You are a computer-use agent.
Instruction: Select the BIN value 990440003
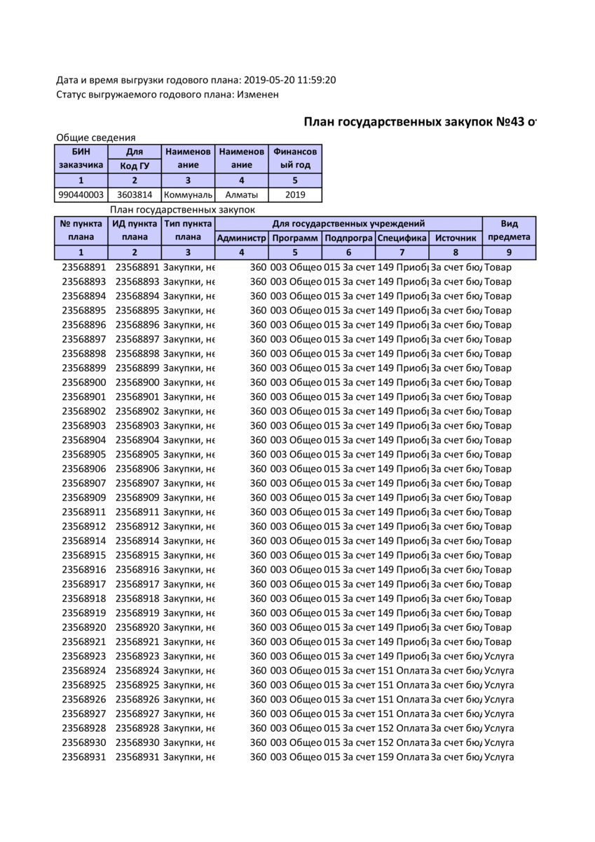point(81,195)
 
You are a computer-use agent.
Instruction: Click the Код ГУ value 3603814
point(134,195)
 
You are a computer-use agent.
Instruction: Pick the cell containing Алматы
point(242,195)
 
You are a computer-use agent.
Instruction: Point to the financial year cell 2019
point(295,195)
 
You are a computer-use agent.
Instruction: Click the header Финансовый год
point(295,159)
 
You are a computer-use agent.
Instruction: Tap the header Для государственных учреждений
point(348,224)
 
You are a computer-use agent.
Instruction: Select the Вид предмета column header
point(509,230)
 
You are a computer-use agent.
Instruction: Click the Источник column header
point(455,238)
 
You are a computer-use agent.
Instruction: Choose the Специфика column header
point(402,238)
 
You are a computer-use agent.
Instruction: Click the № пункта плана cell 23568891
point(83,267)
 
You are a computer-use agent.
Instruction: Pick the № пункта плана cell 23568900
point(83,382)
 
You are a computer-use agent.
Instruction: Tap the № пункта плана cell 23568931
point(83,757)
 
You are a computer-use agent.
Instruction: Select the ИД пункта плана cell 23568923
point(137,656)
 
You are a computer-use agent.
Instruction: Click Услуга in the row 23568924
point(499,671)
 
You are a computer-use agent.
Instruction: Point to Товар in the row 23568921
point(498,642)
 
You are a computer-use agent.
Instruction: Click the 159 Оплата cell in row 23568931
point(403,757)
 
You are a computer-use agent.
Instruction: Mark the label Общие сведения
point(95,138)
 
